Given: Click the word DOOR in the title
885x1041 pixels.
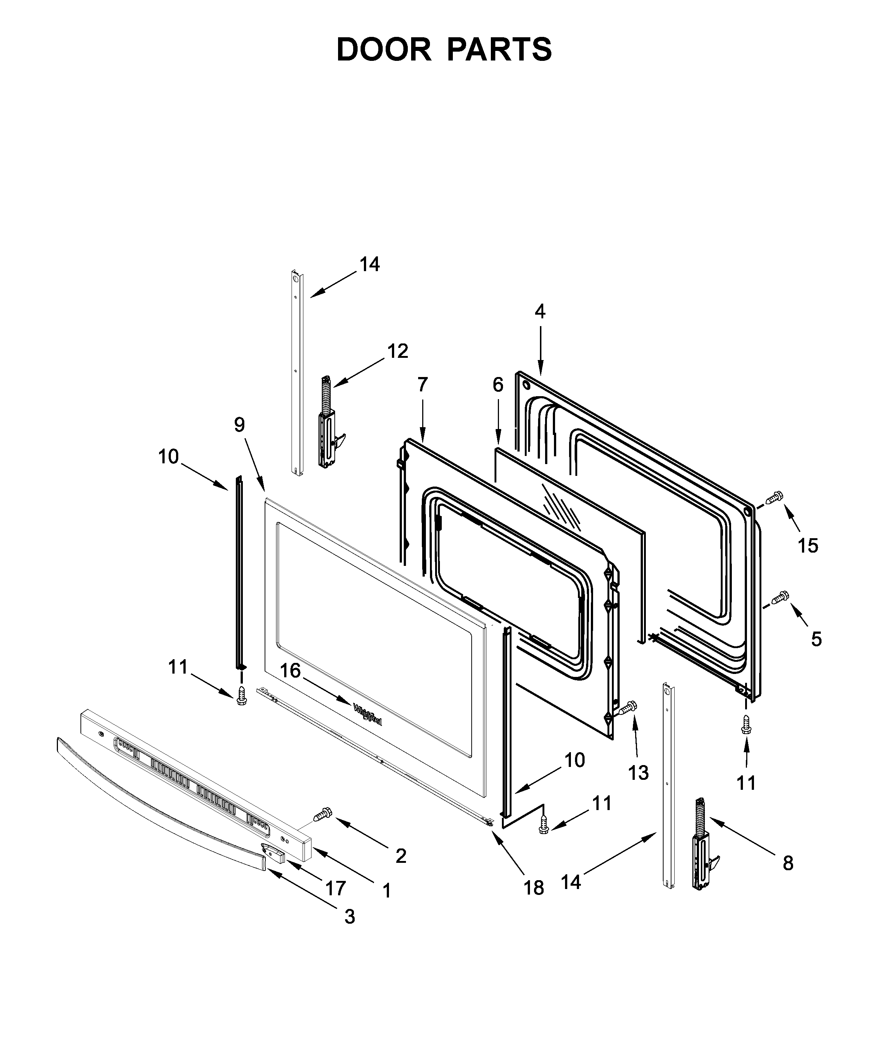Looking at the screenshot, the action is click(383, 50).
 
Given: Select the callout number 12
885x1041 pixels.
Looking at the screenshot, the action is click(397, 351).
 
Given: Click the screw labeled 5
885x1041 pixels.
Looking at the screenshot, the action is click(780, 597).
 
